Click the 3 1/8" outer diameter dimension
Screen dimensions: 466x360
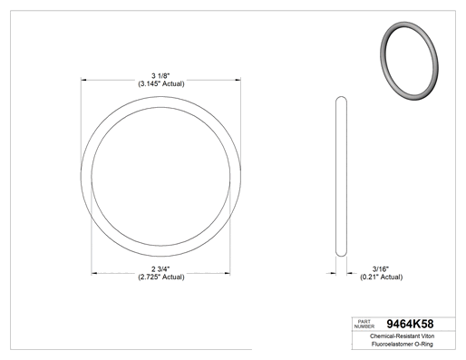[x=161, y=75]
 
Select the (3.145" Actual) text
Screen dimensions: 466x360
[x=161, y=83]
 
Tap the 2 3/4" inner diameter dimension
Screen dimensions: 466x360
[x=160, y=268]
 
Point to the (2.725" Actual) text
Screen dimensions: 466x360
[x=161, y=277]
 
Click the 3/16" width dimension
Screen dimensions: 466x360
[x=381, y=268]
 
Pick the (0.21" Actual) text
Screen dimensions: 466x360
[x=381, y=277]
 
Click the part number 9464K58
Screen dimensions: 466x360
[x=410, y=324]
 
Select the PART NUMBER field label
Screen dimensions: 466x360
[x=364, y=324]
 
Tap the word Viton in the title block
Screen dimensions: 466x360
[x=428, y=336]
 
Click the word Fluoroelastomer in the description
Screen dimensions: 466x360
[x=388, y=344]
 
